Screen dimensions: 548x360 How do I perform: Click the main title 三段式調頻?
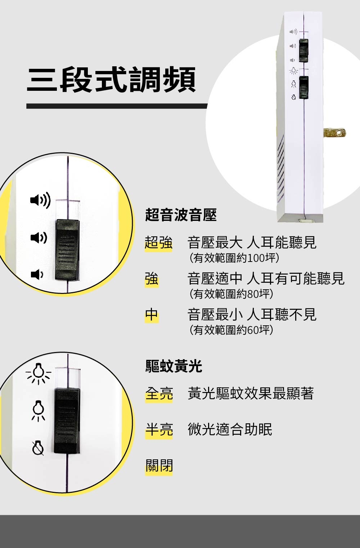click(111, 80)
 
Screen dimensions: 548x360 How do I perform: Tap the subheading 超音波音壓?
click(181, 215)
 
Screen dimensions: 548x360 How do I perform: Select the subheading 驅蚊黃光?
click(174, 366)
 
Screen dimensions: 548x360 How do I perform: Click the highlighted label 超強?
click(158, 243)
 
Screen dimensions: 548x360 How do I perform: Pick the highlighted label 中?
click(152, 315)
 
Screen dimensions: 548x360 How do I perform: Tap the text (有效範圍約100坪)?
click(234, 258)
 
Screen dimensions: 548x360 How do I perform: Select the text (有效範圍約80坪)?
click(231, 294)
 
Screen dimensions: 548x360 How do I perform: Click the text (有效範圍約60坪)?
click(231, 330)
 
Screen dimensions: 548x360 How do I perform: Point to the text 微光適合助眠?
click(230, 429)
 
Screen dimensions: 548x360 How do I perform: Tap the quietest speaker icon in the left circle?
click(37, 275)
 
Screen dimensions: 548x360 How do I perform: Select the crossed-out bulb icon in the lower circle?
click(38, 448)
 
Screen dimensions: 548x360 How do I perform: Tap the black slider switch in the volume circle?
click(67, 250)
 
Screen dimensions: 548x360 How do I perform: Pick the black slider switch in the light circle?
click(67, 421)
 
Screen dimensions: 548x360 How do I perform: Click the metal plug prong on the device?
click(334, 133)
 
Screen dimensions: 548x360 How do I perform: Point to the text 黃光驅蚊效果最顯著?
click(251, 393)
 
